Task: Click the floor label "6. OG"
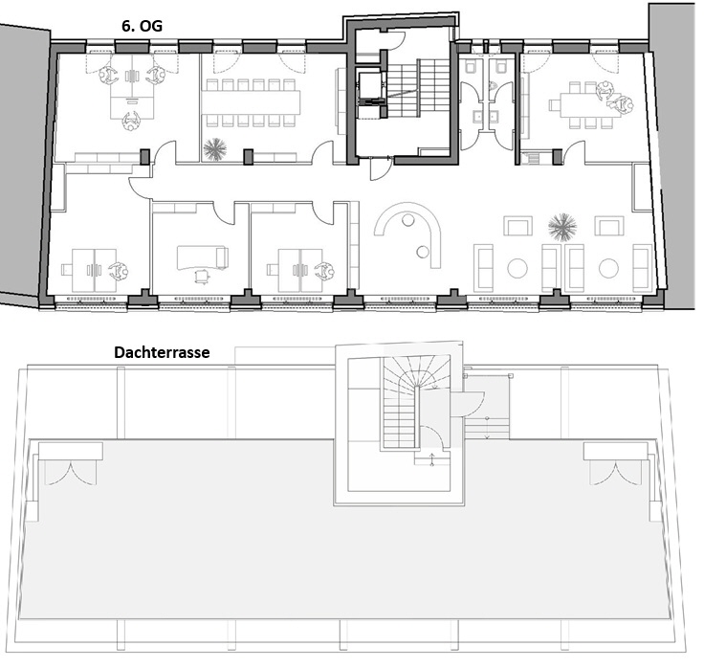(x=142, y=26)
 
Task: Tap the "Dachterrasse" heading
(x=162, y=352)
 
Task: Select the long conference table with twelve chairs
(x=250, y=103)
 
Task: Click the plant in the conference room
(x=214, y=148)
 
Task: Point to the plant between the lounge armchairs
(x=562, y=227)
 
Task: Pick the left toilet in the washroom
(x=472, y=67)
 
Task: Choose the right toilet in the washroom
(x=500, y=67)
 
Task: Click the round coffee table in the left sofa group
(x=517, y=268)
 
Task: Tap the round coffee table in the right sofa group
(x=609, y=268)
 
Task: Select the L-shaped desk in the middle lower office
(x=202, y=257)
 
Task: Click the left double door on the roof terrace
(x=69, y=474)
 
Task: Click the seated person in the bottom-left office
(x=119, y=271)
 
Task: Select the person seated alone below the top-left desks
(x=131, y=121)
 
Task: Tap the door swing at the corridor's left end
(x=139, y=187)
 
